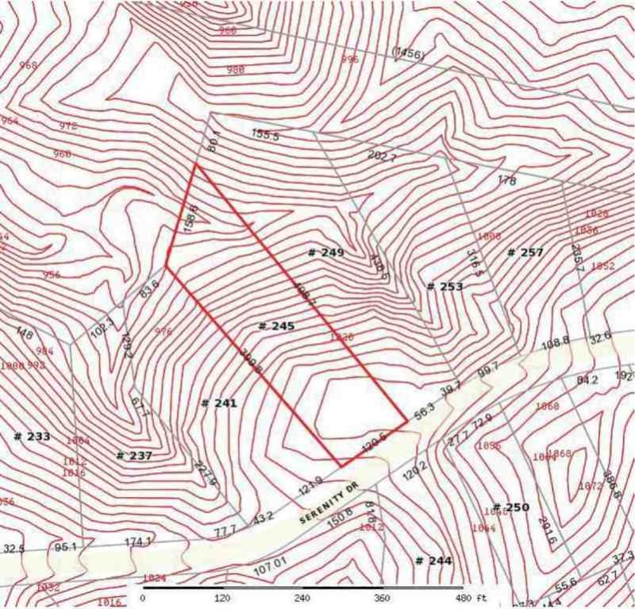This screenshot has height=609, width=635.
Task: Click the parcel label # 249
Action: coord(325,252)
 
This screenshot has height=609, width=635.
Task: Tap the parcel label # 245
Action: coord(277,326)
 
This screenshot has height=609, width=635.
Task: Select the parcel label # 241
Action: coord(220,403)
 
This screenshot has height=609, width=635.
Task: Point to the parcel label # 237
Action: coord(134,456)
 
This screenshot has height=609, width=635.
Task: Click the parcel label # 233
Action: coord(33,437)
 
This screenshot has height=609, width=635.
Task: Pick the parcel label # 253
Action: coord(444,287)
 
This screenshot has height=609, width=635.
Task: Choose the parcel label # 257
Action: coord(525,252)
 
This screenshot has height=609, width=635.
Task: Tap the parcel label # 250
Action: coord(511,507)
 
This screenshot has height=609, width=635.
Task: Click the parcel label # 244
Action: coord(433,561)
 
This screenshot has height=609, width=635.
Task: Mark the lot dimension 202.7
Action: coord(382,156)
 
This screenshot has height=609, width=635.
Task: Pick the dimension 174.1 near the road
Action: coord(137,542)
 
